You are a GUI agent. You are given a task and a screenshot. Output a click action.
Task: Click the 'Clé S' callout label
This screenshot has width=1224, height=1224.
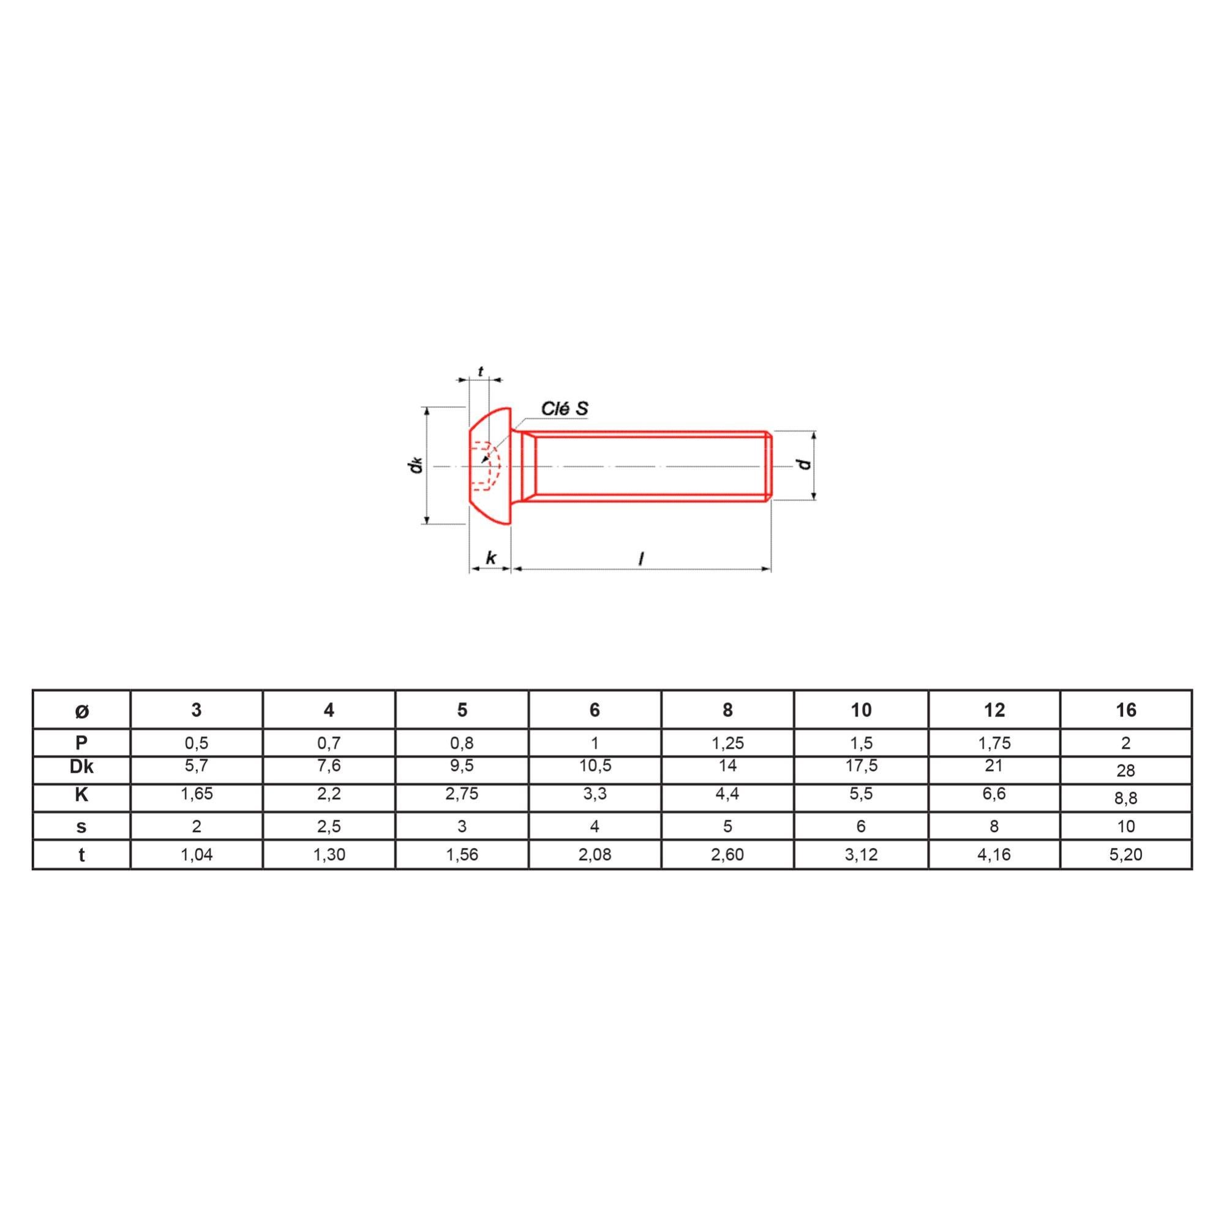[565, 408]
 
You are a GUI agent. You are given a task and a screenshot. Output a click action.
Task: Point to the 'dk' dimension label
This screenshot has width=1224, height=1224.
[416, 465]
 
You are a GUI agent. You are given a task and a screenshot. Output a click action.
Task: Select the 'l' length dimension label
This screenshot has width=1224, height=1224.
[641, 559]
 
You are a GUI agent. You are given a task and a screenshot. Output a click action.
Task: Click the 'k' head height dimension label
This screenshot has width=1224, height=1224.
[490, 558]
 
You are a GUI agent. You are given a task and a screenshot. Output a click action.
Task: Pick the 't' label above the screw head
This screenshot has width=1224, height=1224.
[480, 372]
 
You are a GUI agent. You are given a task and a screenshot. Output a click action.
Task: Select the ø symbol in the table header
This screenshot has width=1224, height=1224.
[81, 711]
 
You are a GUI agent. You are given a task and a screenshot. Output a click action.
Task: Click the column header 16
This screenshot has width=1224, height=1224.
[1126, 710]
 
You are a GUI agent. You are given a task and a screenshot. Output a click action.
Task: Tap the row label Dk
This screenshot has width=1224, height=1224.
[81, 767]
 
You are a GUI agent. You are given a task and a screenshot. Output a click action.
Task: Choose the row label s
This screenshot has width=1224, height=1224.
[81, 826]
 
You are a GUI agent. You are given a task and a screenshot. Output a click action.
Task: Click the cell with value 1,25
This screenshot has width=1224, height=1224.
[727, 743]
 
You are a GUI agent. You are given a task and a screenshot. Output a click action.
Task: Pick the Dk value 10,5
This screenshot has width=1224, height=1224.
[595, 766]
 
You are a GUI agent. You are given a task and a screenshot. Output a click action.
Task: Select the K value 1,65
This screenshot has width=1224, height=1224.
[197, 794]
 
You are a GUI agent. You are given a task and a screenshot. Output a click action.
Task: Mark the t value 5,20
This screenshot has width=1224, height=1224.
[1126, 855]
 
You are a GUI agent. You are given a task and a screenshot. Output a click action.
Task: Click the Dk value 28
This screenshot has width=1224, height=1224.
[1126, 770]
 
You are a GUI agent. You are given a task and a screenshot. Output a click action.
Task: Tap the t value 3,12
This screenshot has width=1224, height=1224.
[861, 855]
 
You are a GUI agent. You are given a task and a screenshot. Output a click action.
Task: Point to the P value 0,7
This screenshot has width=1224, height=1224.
[329, 743]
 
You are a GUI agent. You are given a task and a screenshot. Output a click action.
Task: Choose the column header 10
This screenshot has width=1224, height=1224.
[861, 710]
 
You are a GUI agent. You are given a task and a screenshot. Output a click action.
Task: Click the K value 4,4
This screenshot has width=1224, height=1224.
[727, 794]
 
